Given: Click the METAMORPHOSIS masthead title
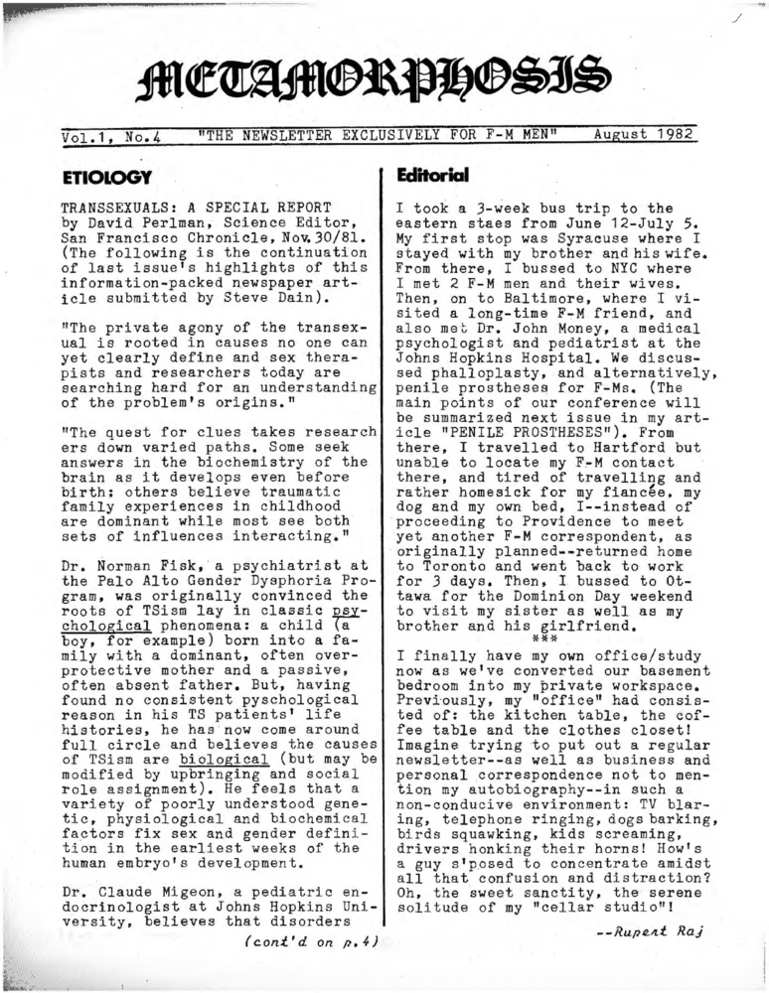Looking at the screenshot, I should click(375, 81).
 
